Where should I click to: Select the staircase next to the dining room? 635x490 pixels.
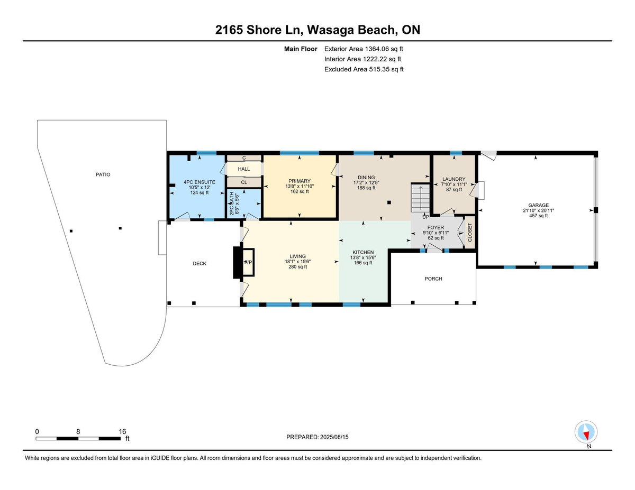click(421, 198)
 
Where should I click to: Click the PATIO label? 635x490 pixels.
click(103, 174)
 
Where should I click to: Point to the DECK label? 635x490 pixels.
click(199, 263)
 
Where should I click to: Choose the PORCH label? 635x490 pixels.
click(433, 279)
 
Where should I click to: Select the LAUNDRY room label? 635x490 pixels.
click(453, 179)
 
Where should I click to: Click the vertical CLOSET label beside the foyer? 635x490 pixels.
click(469, 233)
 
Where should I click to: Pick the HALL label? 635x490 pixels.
click(243, 169)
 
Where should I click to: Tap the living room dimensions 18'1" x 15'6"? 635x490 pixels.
click(297, 262)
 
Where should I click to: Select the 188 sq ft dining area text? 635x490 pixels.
click(366, 188)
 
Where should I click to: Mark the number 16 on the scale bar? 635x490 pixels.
click(122, 431)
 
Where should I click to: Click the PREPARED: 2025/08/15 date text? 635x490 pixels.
click(318, 437)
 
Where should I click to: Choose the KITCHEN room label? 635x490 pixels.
click(364, 252)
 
